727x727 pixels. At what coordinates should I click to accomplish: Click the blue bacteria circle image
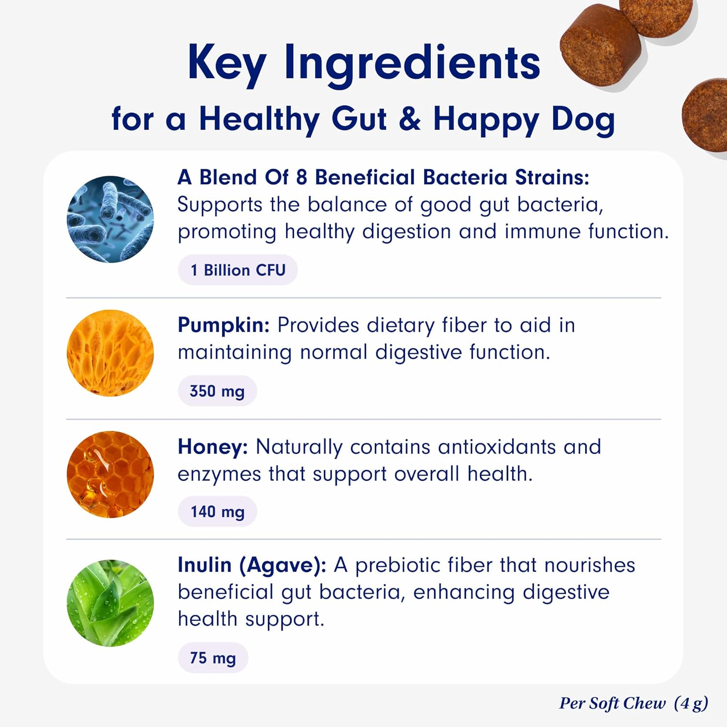[111, 219]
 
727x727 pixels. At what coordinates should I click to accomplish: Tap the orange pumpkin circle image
[111, 353]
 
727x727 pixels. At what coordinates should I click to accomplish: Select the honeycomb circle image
[111, 474]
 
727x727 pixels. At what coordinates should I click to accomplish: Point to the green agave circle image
[111, 603]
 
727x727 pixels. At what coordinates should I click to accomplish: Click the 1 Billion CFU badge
[237, 270]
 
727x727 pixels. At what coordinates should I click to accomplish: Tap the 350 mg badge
[217, 391]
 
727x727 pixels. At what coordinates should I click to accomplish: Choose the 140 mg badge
[217, 511]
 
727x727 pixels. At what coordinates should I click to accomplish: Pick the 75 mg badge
[213, 658]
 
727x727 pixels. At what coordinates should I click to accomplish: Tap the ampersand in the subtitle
[410, 119]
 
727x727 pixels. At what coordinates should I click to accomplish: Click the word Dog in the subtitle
[583, 120]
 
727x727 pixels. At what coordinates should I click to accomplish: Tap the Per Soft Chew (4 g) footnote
[633, 703]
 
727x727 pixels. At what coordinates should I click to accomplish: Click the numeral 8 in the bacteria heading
[301, 178]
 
